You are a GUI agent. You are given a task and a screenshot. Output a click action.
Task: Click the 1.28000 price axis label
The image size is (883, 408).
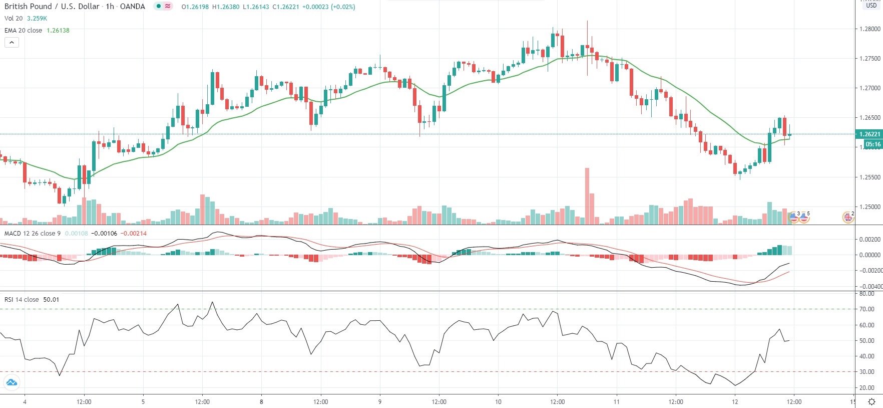point(869,29)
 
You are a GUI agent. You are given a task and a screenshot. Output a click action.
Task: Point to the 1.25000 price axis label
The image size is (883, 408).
point(869,207)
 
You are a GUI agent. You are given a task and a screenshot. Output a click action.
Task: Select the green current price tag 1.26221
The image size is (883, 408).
point(869,134)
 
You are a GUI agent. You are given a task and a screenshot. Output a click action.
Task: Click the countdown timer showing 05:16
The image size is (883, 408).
point(873,144)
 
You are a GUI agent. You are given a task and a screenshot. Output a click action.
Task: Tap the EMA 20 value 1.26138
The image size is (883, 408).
point(58,31)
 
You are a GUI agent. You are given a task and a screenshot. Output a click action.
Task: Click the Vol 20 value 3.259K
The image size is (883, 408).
point(37,19)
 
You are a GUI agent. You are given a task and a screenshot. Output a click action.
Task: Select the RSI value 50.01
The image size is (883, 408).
point(51,300)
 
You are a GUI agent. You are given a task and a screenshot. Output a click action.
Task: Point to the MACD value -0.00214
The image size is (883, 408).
point(134,234)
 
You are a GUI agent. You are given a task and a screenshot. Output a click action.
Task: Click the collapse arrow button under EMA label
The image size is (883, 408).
point(12,43)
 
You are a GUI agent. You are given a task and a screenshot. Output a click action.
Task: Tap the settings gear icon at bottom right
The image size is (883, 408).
point(871,401)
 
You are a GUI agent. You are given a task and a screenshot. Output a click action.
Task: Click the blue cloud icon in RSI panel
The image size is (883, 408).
point(11,383)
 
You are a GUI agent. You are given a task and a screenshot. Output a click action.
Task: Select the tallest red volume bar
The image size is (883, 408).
point(587,195)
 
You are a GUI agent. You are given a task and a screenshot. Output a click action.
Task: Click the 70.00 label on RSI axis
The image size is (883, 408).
point(866,309)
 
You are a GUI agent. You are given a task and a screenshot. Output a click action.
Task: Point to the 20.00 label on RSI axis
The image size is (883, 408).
point(866,388)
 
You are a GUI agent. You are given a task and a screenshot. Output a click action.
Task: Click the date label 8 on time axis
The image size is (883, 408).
point(261,401)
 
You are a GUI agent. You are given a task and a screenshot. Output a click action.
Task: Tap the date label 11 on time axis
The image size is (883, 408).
point(616,401)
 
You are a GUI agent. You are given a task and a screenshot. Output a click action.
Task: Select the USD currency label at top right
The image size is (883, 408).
point(871,6)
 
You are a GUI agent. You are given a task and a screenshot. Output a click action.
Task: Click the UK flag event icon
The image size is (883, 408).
point(848,218)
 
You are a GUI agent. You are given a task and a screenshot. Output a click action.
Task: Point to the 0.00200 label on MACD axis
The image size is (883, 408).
point(869,240)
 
